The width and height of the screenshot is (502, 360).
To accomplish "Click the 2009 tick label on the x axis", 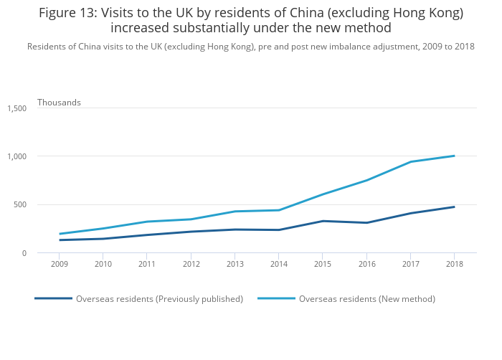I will pyautogui.click(x=60, y=264).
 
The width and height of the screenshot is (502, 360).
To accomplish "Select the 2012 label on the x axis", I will pyautogui.click(x=191, y=264).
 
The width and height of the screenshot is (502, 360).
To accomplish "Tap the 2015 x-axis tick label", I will pyautogui.click(x=322, y=264).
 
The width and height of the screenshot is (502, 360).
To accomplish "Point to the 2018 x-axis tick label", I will pyautogui.click(x=454, y=264).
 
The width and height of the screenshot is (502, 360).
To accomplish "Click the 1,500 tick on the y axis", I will pyautogui.click(x=16, y=108).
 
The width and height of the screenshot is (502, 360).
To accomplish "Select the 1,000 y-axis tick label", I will pyautogui.click(x=16, y=156).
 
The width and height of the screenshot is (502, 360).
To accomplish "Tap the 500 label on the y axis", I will pyautogui.click(x=20, y=204).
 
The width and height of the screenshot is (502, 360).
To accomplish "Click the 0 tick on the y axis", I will pyautogui.click(x=24, y=253).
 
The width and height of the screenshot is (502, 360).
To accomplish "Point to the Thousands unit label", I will pyautogui.click(x=59, y=103).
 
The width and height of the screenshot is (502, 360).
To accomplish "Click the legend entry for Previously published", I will pyautogui.click(x=159, y=298).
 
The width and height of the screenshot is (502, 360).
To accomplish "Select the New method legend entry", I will pyautogui.click(x=366, y=298).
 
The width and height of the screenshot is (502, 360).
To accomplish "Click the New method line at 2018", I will pyautogui.click(x=454, y=156).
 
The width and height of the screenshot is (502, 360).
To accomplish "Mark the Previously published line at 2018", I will pyautogui.click(x=454, y=207).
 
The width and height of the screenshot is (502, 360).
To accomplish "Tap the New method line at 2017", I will pyautogui.click(x=410, y=162).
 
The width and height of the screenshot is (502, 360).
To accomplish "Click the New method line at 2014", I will pyautogui.click(x=278, y=210).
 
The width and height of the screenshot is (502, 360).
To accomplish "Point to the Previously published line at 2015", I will pyautogui.click(x=322, y=221).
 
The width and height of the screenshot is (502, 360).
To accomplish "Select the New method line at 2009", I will pyautogui.click(x=60, y=234).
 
